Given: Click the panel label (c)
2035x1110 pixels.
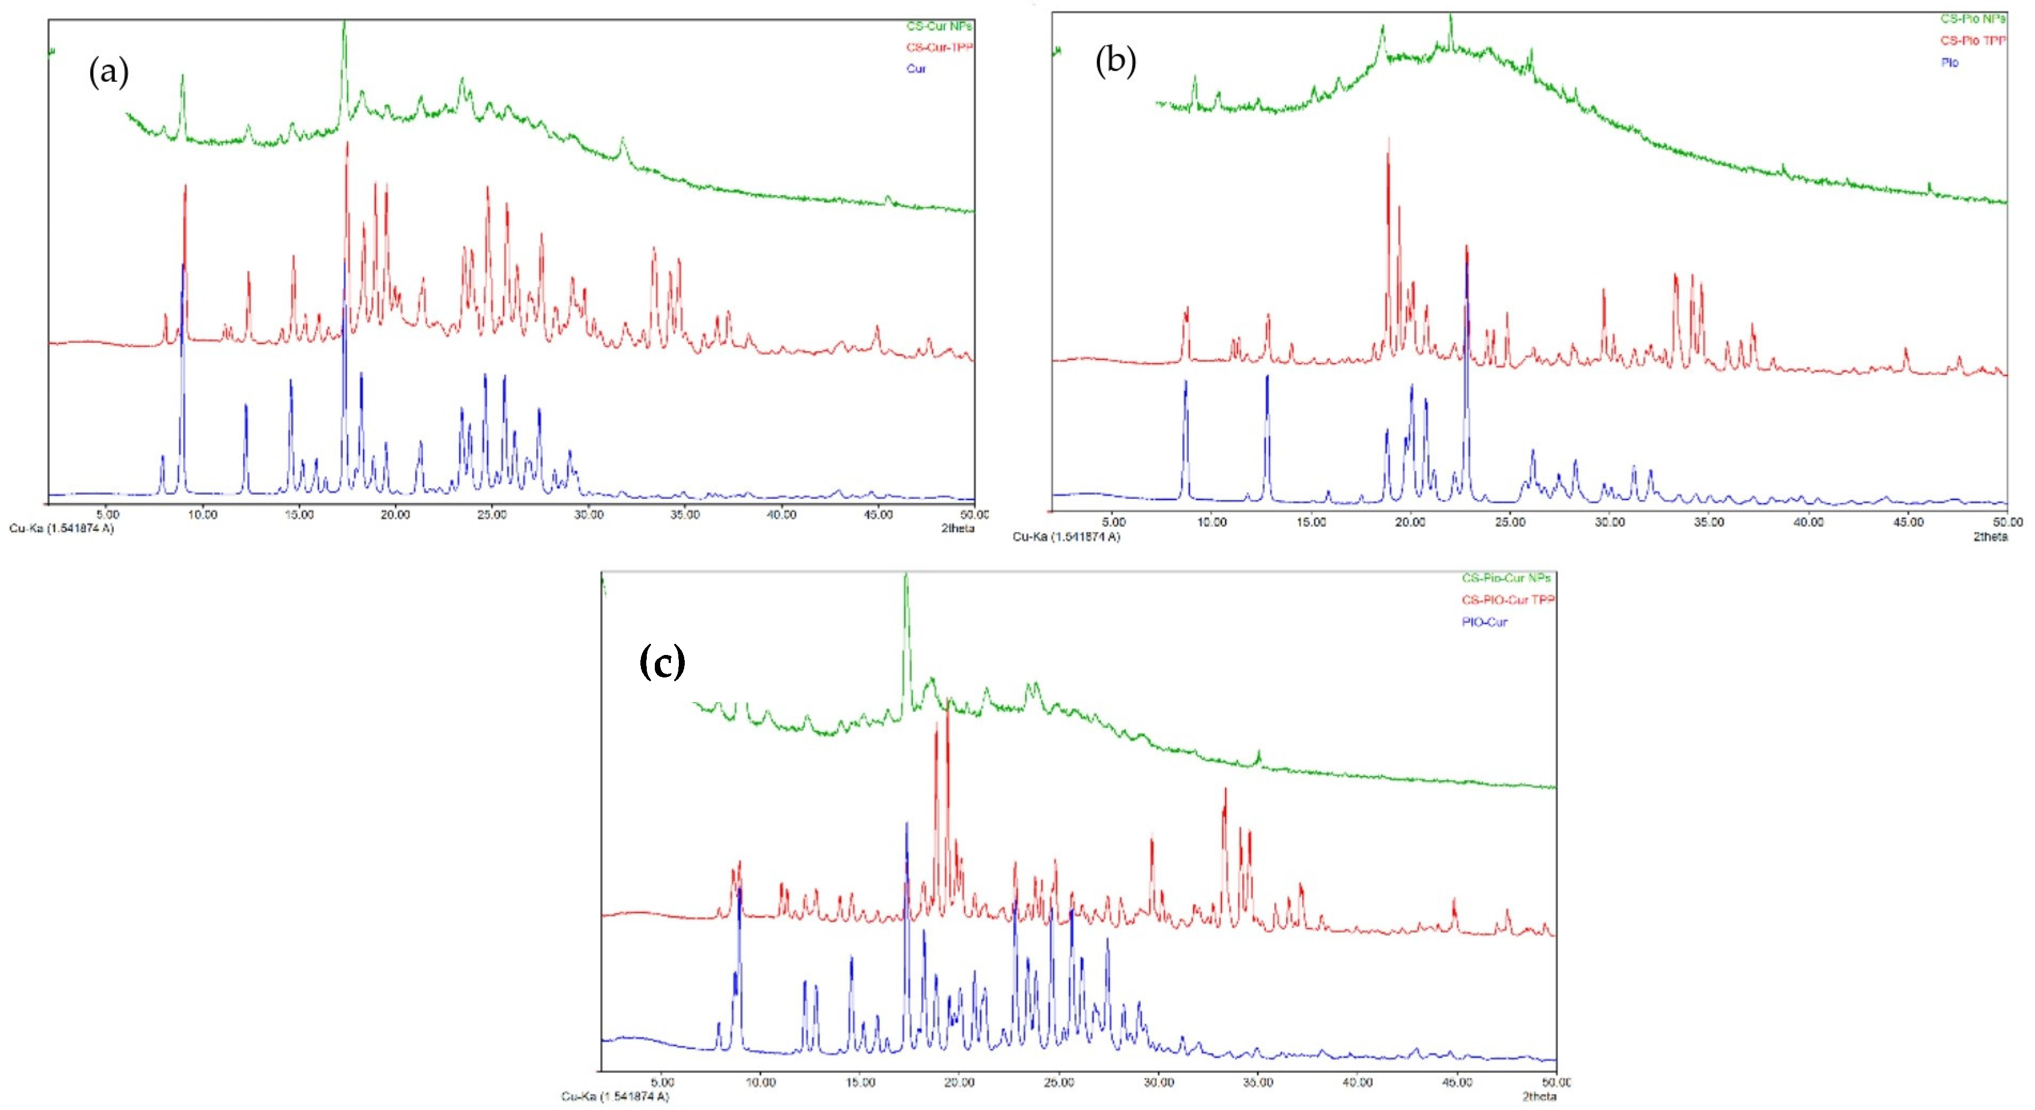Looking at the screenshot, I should pos(662,662).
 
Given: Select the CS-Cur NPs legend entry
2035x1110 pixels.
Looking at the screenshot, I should pos(939,26).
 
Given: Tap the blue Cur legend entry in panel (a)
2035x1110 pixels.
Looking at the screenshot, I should pos(916,69).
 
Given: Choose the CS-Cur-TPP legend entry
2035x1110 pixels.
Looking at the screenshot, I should pos(939,48).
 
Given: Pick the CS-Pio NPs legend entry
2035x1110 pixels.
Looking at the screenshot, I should pos(1972,18).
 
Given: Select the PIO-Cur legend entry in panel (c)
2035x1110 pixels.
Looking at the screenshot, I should pos(1484,622).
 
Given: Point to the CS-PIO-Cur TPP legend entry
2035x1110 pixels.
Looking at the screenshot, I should pos(1507,599).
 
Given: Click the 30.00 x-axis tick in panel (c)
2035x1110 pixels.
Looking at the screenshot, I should pos(1158,1082).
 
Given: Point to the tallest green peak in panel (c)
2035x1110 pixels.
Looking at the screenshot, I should pos(906,577).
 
